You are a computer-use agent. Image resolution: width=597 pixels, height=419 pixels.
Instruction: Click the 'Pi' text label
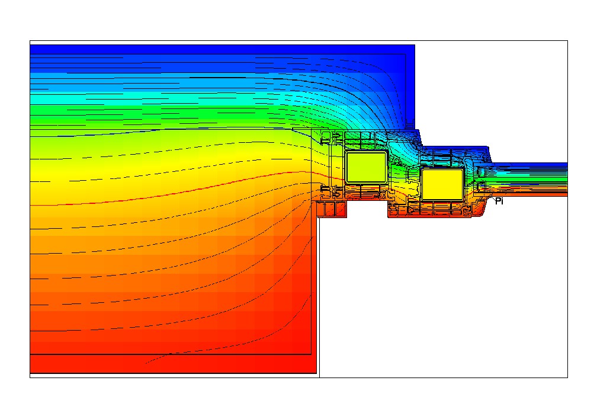(499, 201)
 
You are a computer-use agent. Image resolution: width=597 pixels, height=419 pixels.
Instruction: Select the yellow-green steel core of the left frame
(366, 167)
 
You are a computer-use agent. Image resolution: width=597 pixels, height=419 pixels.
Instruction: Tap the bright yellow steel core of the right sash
(442, 184)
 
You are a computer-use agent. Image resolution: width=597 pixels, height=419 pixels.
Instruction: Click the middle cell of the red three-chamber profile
(332, 209)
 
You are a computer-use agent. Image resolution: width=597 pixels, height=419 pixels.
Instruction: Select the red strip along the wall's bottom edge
(173, 364)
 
